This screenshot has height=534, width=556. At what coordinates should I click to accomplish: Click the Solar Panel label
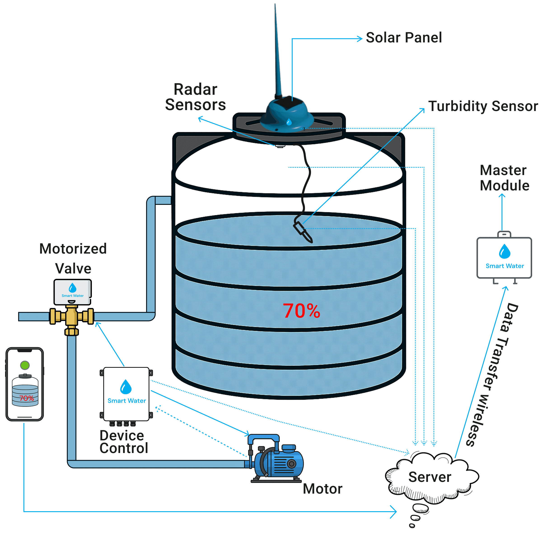click(403, 38)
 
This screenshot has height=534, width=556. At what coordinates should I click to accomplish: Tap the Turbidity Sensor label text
click(483, 106)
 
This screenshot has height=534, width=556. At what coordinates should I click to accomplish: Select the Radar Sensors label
click(195, 97)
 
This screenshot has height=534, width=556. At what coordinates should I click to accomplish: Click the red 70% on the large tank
click(301, 311)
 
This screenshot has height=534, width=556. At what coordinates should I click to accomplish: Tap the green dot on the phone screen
click(25, 365)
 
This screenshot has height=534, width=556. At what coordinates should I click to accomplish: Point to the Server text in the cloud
click(430, 477)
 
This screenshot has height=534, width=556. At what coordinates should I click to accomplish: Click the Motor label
click(322, 489)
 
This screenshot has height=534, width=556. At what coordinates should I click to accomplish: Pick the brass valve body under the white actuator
click(72, 317)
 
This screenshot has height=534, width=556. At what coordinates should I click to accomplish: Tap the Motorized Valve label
click(73, 259)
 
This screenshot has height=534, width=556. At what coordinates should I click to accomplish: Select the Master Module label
click(504, 178)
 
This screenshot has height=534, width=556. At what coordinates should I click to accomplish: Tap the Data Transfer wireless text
click(492, 374)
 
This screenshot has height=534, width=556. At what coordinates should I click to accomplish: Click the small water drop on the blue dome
click(289, 122)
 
